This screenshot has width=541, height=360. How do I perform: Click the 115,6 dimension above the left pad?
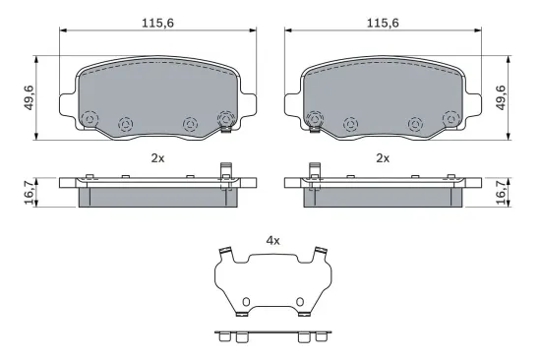point(157,24)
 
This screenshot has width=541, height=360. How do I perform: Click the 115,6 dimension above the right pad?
point(383,24)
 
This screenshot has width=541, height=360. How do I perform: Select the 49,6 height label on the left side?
point(29,97)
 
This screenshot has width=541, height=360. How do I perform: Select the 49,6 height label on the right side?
point(501,97)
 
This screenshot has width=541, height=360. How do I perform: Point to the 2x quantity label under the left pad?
point(157,158)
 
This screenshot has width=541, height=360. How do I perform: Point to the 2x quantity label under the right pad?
point(383,158)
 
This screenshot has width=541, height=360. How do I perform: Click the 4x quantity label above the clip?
point(272,241)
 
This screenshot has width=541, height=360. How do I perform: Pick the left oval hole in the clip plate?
point(246,302)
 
